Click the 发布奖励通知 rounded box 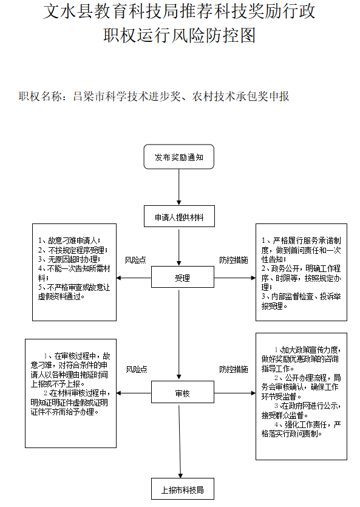[x=178, y=157]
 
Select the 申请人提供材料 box [x=178, y=217]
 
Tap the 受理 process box [x=182, y=278]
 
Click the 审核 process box [x=182, y=393]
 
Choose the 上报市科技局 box [x=182, y=489]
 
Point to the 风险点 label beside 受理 [x=135, y=260]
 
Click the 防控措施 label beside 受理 [x=234, y=260]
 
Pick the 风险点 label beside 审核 [x=136, y=369]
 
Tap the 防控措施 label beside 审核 [x=234, y=369]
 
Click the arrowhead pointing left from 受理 [x=120, y=278]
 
